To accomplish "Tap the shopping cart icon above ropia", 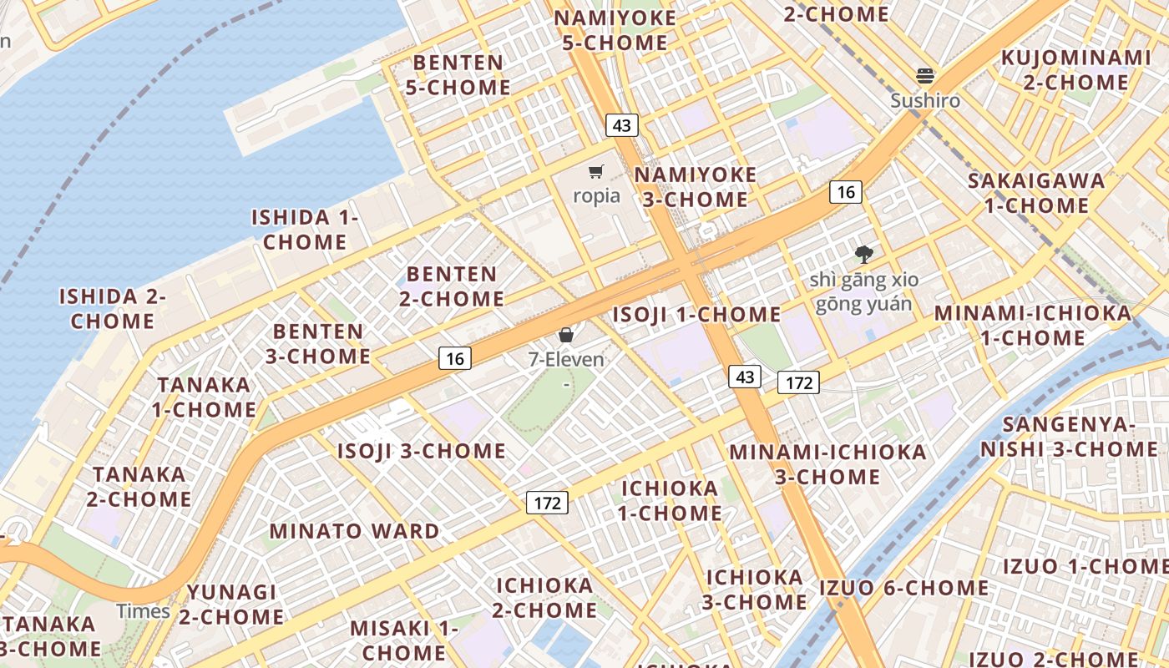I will (596, 172).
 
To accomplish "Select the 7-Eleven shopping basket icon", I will (566, 335).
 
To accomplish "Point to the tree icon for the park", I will (863, 255).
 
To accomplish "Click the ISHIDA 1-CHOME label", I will (305, 230).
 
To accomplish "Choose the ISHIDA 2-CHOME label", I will (113, 308).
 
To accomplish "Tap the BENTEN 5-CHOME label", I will (458, 75).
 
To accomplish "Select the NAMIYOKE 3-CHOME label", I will (696, 187).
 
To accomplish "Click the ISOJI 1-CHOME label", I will (697, 315).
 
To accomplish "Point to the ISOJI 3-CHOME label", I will (422, 452).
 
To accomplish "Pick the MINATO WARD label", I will (354, 531).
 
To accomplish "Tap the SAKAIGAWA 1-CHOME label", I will (1036, 193).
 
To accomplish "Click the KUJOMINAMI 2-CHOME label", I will (1075, 70).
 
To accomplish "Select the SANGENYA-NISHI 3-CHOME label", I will (1069, 437).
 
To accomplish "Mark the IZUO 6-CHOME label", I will (903, 588).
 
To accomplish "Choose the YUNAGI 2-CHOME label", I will (231, 605).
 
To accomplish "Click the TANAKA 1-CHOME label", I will (204, 397).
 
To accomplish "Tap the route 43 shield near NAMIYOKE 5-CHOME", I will (621, 125).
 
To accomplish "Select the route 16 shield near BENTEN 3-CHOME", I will (455, 359).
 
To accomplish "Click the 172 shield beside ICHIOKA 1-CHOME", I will (547, 503).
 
